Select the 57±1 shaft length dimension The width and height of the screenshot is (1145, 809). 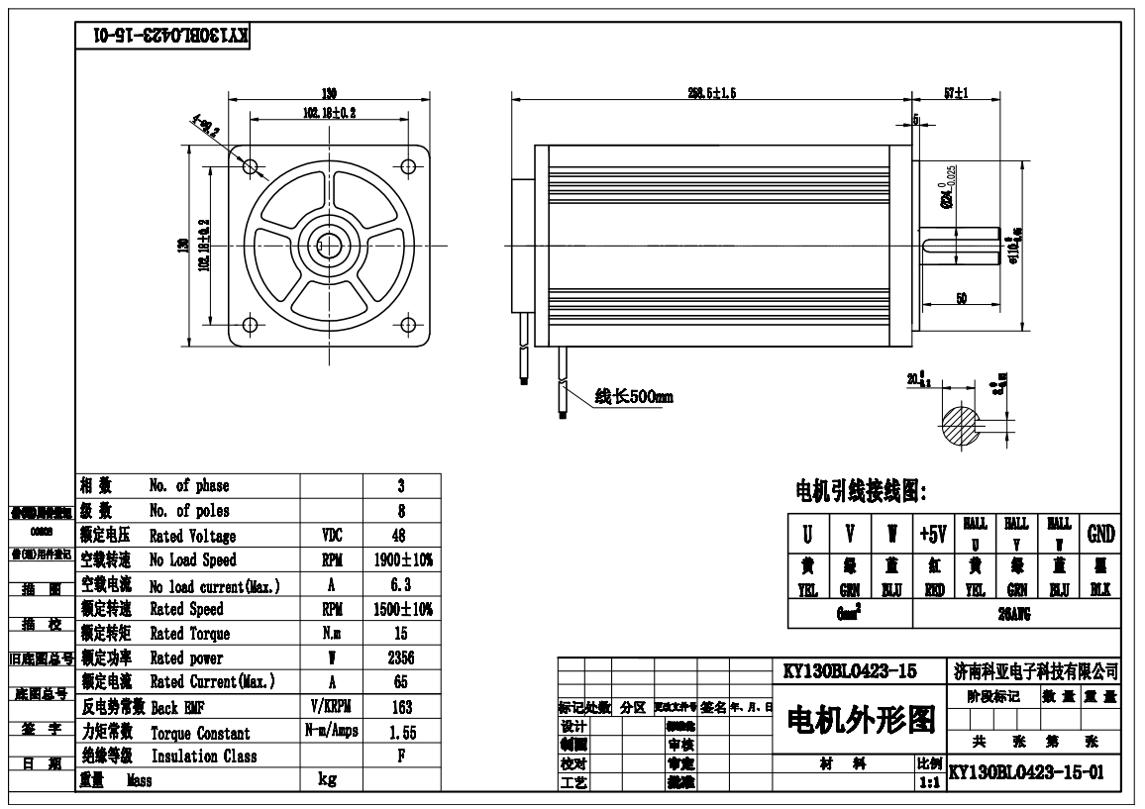956,92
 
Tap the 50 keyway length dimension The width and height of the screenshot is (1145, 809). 962,298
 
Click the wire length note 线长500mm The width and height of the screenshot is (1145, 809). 634,397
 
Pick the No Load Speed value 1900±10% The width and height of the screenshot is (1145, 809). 402,559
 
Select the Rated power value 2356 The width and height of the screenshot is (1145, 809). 402,657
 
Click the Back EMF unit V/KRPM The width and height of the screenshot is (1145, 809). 332,707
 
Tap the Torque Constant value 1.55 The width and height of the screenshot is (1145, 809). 402,732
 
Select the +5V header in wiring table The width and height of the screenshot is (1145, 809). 932,535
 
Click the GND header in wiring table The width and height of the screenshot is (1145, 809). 1101,535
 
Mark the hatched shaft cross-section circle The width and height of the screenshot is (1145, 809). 959,428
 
